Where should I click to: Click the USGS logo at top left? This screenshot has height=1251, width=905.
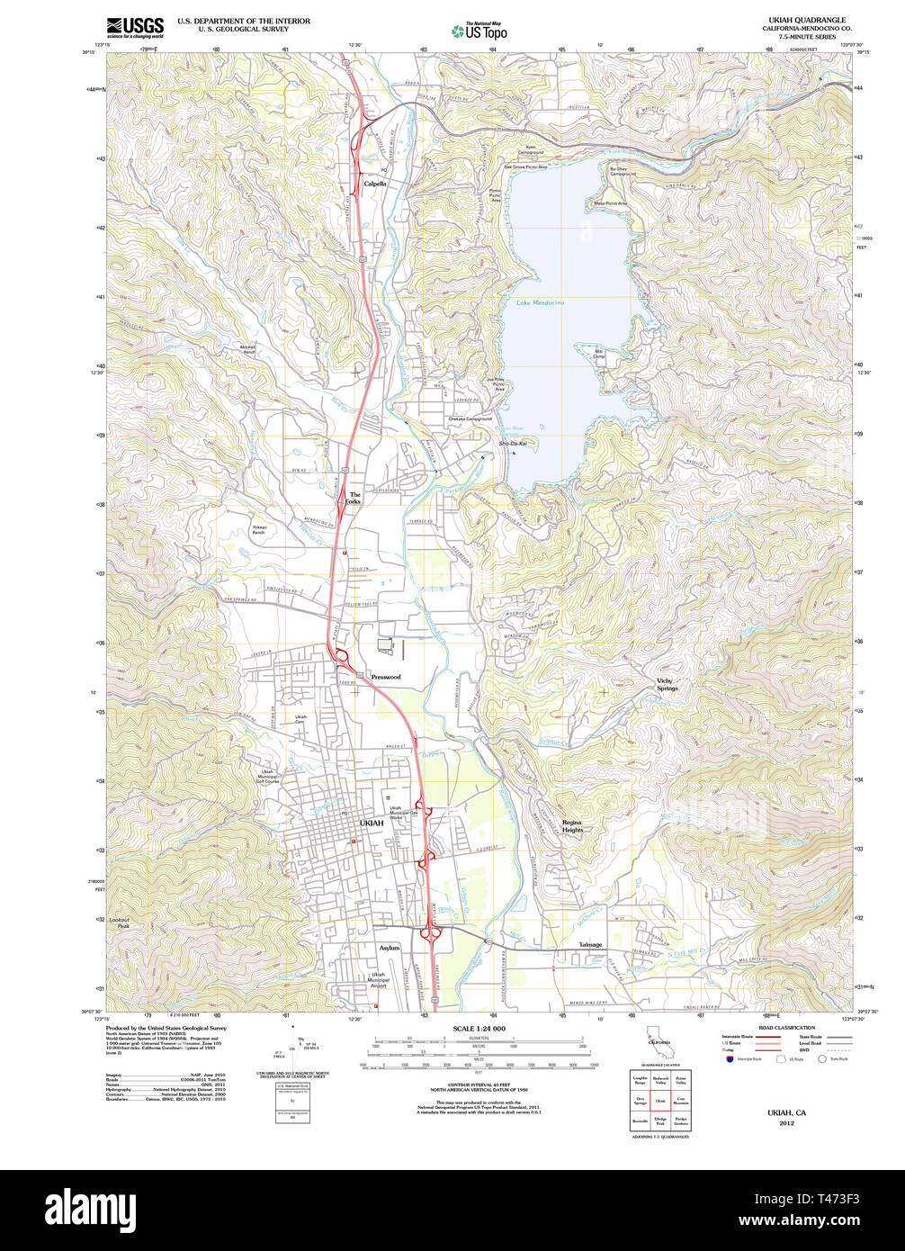(135, 26)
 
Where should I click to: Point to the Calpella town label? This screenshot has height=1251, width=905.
(375, 184)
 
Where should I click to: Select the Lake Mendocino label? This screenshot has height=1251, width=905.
(541, 303)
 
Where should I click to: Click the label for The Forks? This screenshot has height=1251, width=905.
(354, 498)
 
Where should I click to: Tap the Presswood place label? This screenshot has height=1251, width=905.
(385, 677)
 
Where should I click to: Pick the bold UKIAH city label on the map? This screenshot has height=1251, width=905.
(371, 823)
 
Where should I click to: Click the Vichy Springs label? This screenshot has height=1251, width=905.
(667, 684)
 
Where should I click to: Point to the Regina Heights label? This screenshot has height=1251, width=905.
(572, 826)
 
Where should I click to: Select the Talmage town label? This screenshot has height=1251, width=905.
(590, 945)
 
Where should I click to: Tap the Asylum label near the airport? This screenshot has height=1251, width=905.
(389, 948)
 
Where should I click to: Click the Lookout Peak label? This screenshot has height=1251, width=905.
(119, 922)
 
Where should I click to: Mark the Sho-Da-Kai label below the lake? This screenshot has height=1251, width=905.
(512, 444)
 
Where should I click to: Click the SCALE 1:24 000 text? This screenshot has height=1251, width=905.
(479, 1029)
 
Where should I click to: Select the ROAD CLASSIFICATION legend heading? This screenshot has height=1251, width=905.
(786, 1028)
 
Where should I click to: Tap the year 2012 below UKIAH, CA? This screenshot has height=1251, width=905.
(787, 1123)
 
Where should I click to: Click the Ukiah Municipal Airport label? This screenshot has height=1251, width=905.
(379, 980)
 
